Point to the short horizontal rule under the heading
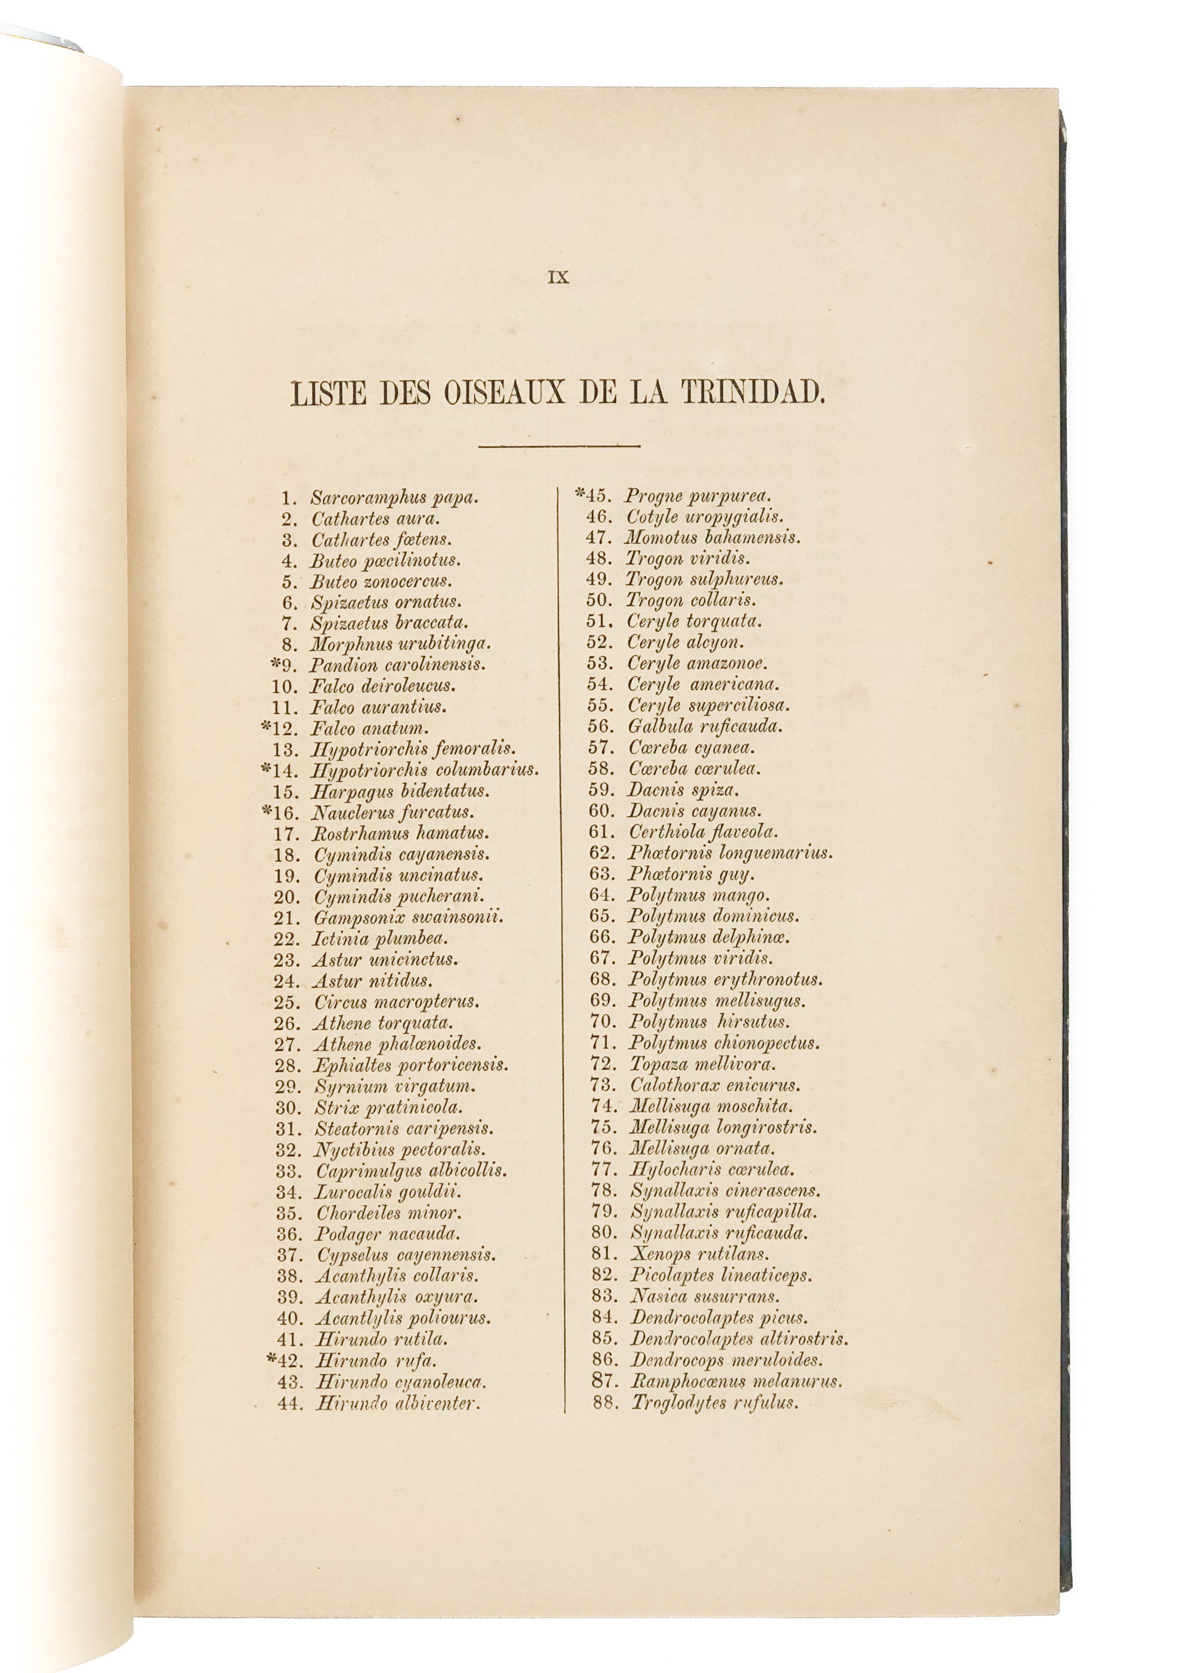(559, 446)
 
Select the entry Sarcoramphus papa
(394, 498)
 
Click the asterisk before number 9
(275, 663)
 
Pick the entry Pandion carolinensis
(397, 665)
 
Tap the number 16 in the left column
(286, 812)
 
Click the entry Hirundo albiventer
(398, 1403)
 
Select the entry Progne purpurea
(697, 496)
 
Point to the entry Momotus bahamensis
(712, 538)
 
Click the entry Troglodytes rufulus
(715, 1403)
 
